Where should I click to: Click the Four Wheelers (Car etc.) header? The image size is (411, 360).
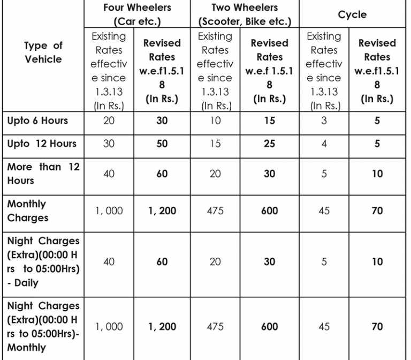137,15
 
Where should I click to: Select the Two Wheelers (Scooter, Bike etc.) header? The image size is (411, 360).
245,15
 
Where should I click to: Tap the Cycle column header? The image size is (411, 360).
352,15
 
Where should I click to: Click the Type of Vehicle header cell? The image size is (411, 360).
43,52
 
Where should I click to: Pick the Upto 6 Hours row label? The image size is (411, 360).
38,121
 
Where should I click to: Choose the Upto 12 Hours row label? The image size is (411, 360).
42,144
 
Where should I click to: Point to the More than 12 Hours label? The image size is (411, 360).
43,174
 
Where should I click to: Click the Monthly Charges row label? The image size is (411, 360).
28,211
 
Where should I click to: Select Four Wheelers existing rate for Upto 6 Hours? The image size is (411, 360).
109,121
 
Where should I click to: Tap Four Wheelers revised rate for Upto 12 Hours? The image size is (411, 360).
162,144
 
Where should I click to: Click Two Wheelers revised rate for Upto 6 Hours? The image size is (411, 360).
269,121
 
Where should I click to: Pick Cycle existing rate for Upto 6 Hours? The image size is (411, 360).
324,121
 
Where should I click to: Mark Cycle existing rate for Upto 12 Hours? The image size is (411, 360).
324,144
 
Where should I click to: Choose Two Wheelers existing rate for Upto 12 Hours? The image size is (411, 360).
215,144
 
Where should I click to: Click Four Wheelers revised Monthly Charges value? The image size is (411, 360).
162,211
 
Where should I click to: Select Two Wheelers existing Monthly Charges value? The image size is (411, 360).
215,211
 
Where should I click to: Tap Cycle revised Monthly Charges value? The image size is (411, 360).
377,211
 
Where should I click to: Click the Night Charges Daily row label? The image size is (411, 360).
43,261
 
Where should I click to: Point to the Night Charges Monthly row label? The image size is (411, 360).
43,326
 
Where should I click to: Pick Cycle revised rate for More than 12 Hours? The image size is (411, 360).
377,174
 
